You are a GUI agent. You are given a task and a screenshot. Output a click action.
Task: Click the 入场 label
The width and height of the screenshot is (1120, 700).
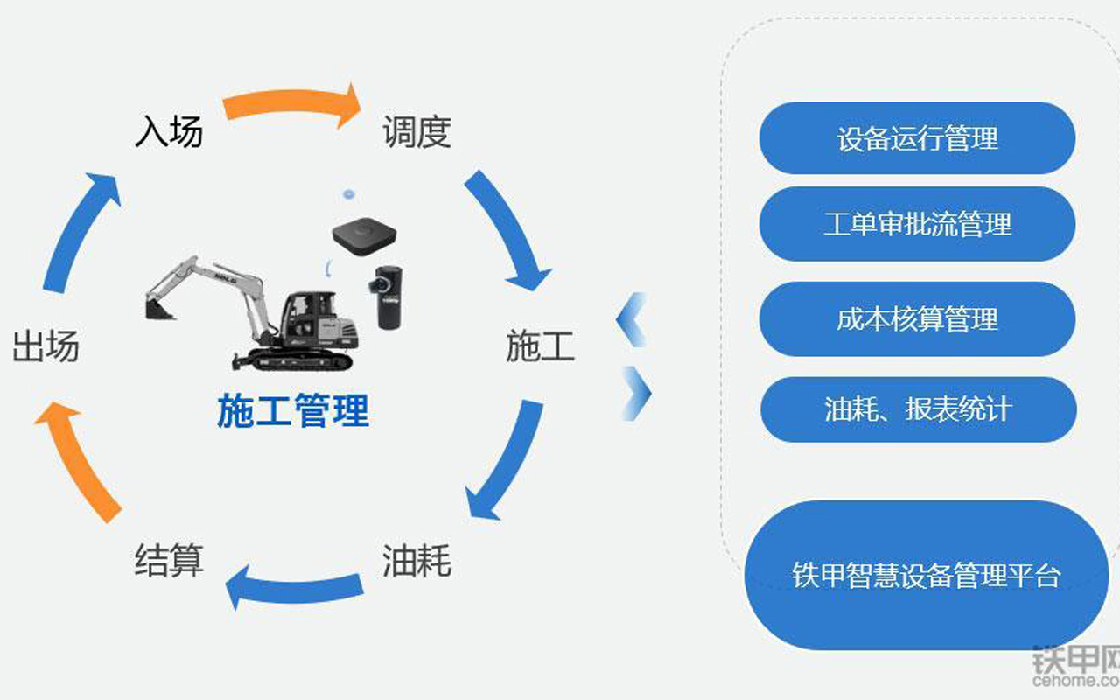169,132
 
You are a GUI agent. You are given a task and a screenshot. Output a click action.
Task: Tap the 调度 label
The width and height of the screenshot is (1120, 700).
416,132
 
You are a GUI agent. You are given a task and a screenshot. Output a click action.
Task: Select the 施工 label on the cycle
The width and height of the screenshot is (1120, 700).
540,346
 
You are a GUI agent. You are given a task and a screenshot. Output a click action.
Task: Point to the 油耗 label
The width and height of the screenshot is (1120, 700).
416,560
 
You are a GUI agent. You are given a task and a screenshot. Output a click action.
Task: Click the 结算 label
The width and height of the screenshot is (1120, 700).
169,560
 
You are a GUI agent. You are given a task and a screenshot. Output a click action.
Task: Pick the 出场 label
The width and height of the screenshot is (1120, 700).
45,346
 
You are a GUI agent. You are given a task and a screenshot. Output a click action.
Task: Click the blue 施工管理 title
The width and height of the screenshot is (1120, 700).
293,411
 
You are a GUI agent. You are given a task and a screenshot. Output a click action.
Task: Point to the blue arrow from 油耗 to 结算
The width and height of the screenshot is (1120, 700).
293,587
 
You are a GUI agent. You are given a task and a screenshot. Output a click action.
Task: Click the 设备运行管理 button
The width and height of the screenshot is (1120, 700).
917,138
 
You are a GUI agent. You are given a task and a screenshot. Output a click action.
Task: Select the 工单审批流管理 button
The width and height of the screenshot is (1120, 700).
917,224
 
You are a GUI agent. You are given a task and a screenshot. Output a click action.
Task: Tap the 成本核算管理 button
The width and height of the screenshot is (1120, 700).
917,318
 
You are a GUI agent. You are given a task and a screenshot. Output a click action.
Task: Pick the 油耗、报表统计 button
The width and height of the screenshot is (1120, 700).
917,409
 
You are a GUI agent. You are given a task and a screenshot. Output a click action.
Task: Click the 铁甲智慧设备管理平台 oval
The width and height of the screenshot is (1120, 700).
926,576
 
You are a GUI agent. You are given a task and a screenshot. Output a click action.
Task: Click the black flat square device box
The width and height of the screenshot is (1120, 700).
363,234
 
